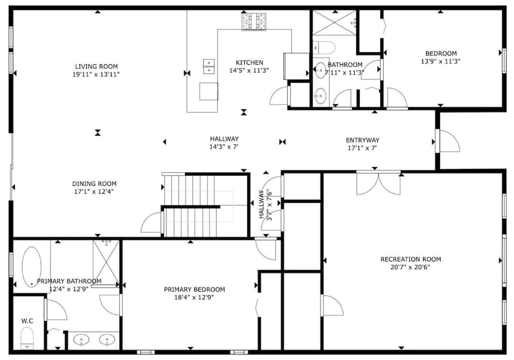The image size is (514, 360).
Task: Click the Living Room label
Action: (x=97, y=66)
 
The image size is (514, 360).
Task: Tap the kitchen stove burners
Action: (x=254, y=22)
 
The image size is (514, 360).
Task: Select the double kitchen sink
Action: (x=209, y=66)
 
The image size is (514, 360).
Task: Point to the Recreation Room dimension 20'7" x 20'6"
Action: (x=410, y=267)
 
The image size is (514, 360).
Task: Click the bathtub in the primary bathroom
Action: (x=32, y=267)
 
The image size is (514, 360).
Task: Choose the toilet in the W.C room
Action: (x=27, y=339)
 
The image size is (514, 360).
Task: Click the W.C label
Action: (x=27, y=321)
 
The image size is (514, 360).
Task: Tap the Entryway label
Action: (x=362, y=140)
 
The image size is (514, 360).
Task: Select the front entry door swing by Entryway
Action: (x=449, y=141)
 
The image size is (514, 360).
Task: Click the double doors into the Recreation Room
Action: (x=379, y=183)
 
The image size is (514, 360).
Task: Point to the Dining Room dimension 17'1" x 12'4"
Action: (x=94, y=192)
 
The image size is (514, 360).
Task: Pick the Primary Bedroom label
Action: (x=194, y=290)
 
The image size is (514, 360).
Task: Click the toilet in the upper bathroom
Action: (x=324, y=47)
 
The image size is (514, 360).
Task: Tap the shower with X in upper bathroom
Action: (x=335, y=23)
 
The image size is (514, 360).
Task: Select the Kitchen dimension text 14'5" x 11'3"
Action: (x=249, y=70)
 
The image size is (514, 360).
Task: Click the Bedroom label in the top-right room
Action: (x=441, y=53)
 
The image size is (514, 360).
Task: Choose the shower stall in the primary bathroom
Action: (x=106, y=263)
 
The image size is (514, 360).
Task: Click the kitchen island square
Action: (x=209, y=91)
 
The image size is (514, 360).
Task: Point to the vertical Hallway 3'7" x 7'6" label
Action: (x=265, y=204)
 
